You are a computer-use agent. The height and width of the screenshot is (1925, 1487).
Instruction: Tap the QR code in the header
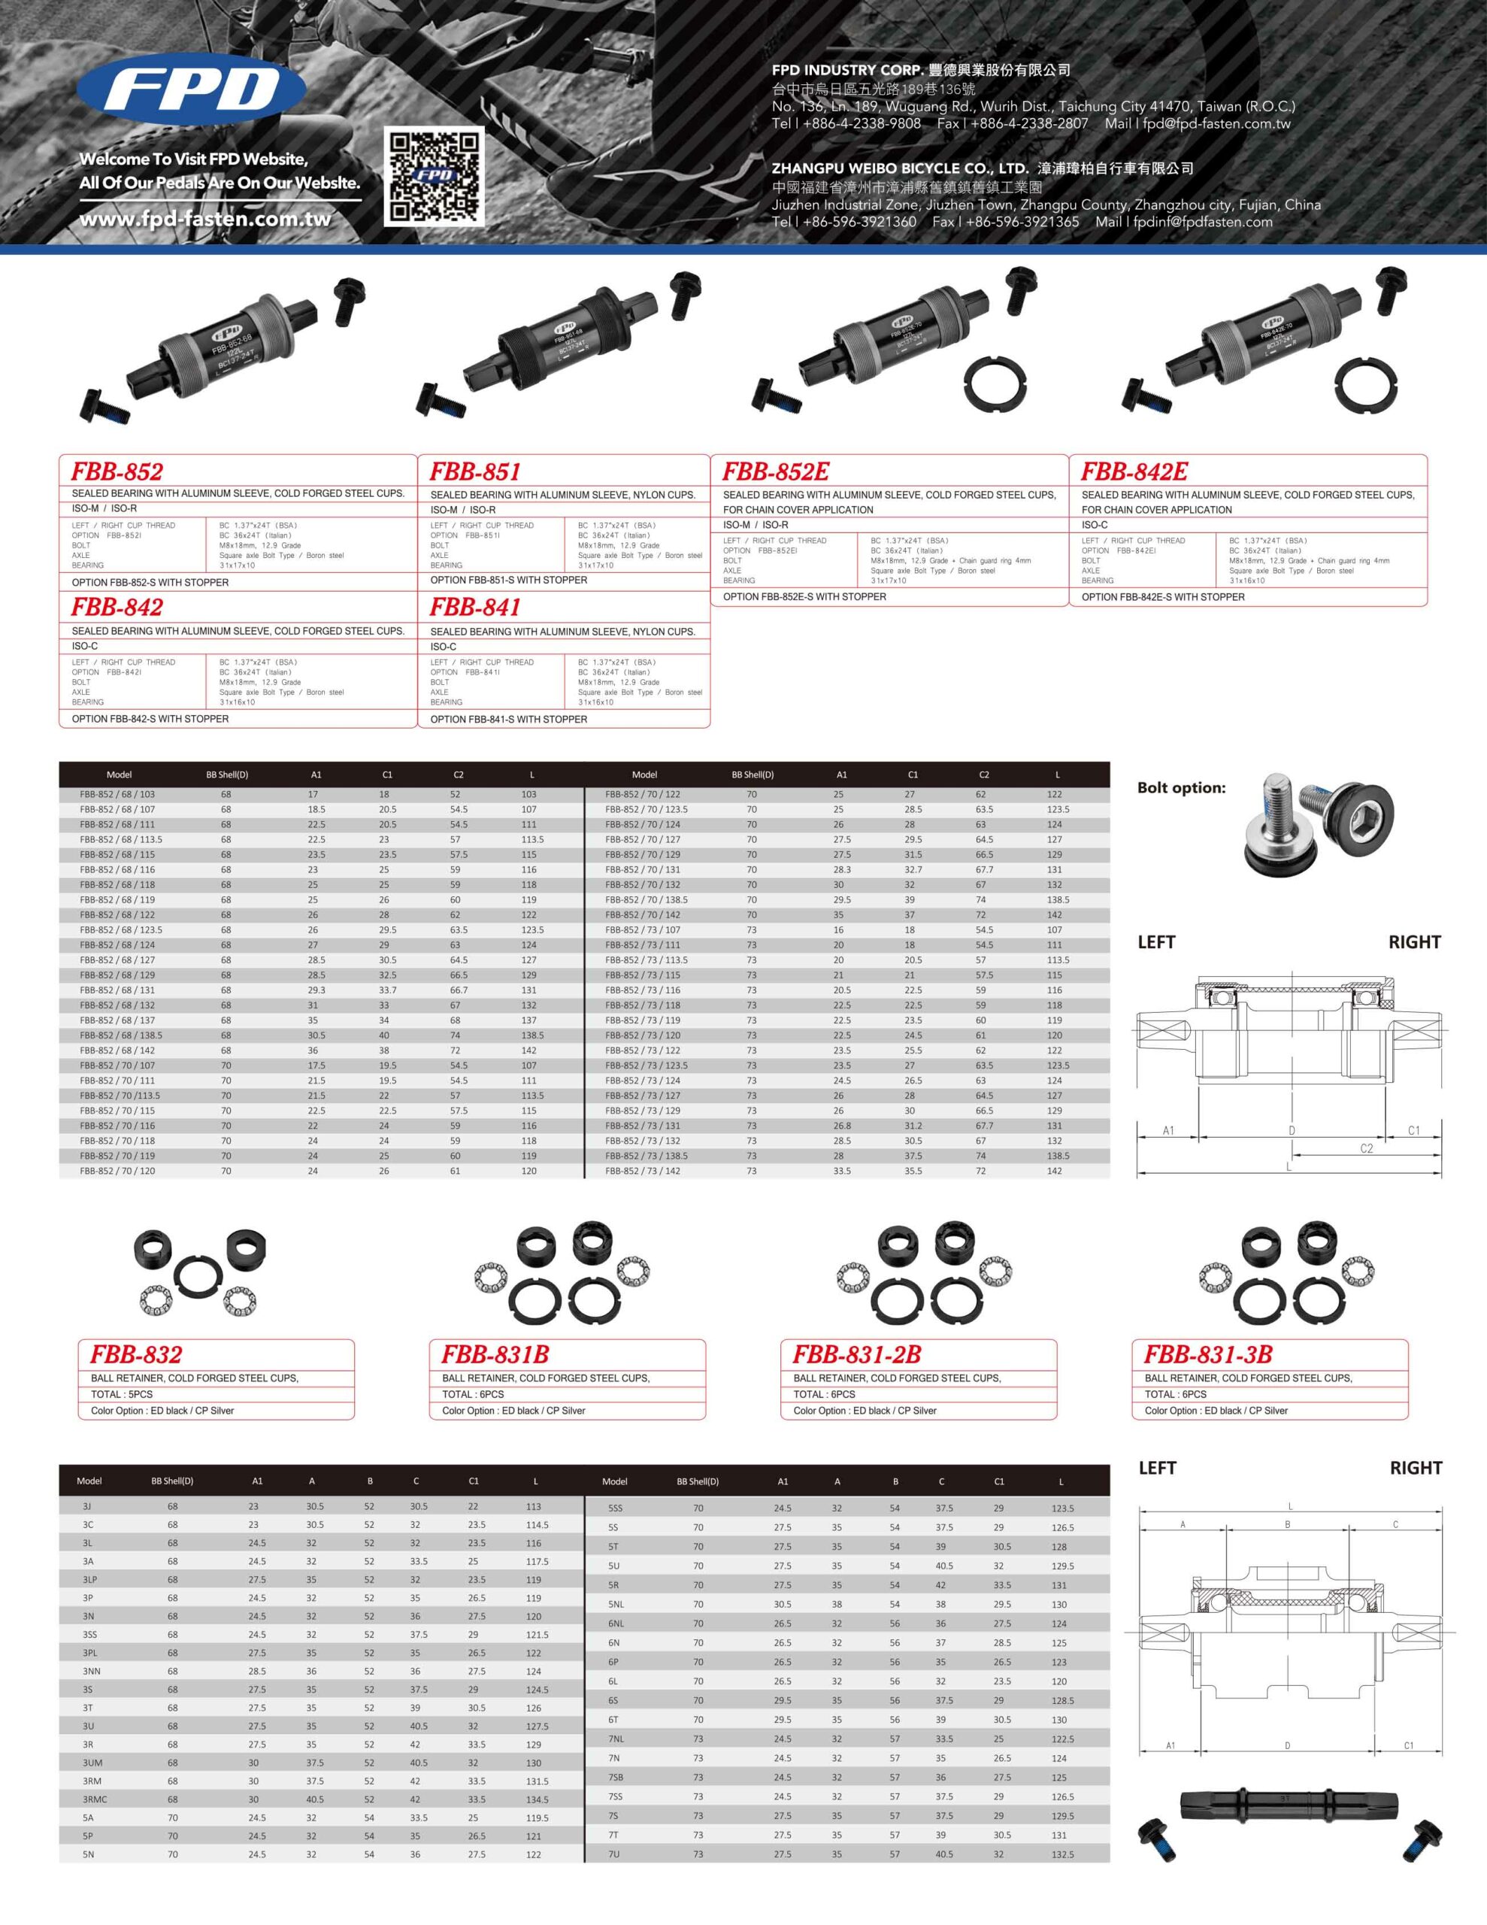pos(434,175)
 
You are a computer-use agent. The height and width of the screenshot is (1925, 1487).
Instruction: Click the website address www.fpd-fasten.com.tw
pos(205,220)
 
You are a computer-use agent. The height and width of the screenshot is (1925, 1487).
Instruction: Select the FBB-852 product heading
pos(117,471)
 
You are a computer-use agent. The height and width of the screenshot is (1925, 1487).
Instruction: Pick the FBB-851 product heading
pos(475,471)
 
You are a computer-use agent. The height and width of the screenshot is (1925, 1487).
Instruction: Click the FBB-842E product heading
pos(1134,471)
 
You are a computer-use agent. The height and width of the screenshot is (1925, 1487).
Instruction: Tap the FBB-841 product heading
pos(475,608)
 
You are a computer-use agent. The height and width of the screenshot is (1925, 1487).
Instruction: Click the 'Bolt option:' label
pos(1181,788)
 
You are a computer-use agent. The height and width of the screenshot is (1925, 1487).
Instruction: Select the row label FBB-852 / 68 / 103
pos(117,794)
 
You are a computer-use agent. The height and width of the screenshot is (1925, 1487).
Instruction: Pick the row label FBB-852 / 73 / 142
pos(643,1171)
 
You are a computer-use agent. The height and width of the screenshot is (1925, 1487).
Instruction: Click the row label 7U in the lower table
pos(613,1854)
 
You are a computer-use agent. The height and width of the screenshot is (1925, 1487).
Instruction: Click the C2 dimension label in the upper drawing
pos(1366,1148)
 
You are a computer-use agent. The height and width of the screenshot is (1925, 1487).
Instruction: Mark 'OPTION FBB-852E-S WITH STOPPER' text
pos(804,597)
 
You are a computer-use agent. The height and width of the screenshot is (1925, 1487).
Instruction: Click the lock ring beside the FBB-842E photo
pos(1365,384)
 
